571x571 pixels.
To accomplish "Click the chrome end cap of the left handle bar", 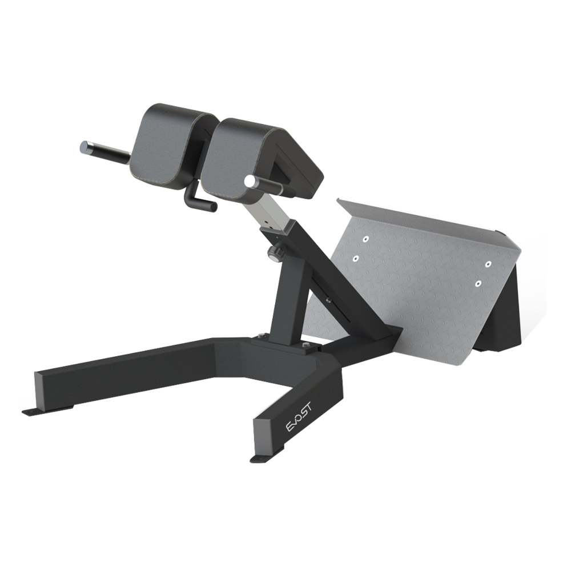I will click(85, 146).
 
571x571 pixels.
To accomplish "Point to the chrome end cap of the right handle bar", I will click(249, 181).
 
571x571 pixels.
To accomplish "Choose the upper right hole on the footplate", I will click(488, 264).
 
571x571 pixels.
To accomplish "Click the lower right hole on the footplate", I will click(478, 282).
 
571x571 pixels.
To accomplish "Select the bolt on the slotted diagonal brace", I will click(327, 296).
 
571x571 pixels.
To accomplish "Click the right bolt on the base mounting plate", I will click(307, 345).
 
